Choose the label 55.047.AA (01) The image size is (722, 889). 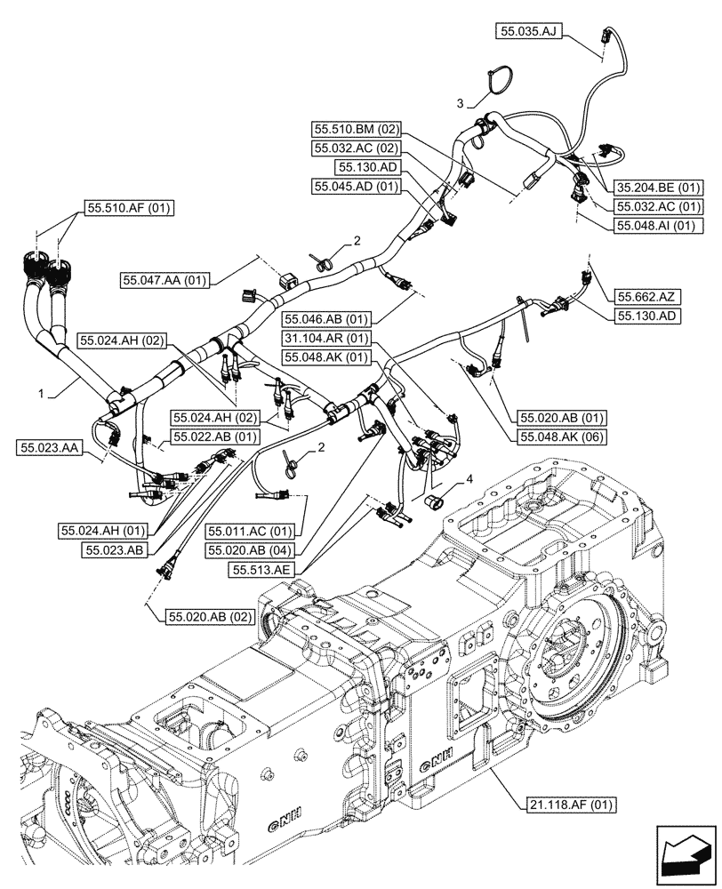tap(165, 280)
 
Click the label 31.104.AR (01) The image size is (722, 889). tap(326, 338)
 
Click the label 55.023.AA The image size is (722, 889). tap(48, 448)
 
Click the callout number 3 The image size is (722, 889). tap(460, 104)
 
